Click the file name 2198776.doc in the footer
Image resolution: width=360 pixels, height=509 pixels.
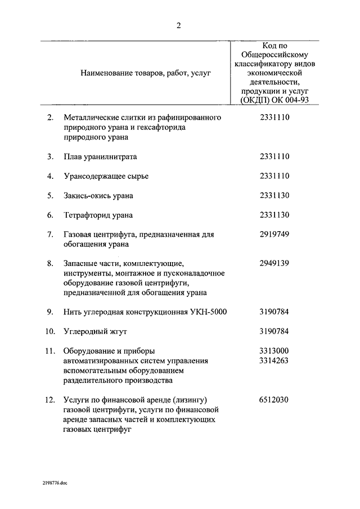point(53,483)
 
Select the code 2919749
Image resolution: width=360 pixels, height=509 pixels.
point(274,234)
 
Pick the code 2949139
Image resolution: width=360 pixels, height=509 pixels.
point(274,263)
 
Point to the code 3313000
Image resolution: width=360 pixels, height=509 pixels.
point(274,351)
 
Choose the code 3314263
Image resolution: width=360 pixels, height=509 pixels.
point(274,361)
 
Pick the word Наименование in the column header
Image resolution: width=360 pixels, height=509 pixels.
point(104,73)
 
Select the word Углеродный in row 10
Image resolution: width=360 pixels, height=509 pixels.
point(84,331)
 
